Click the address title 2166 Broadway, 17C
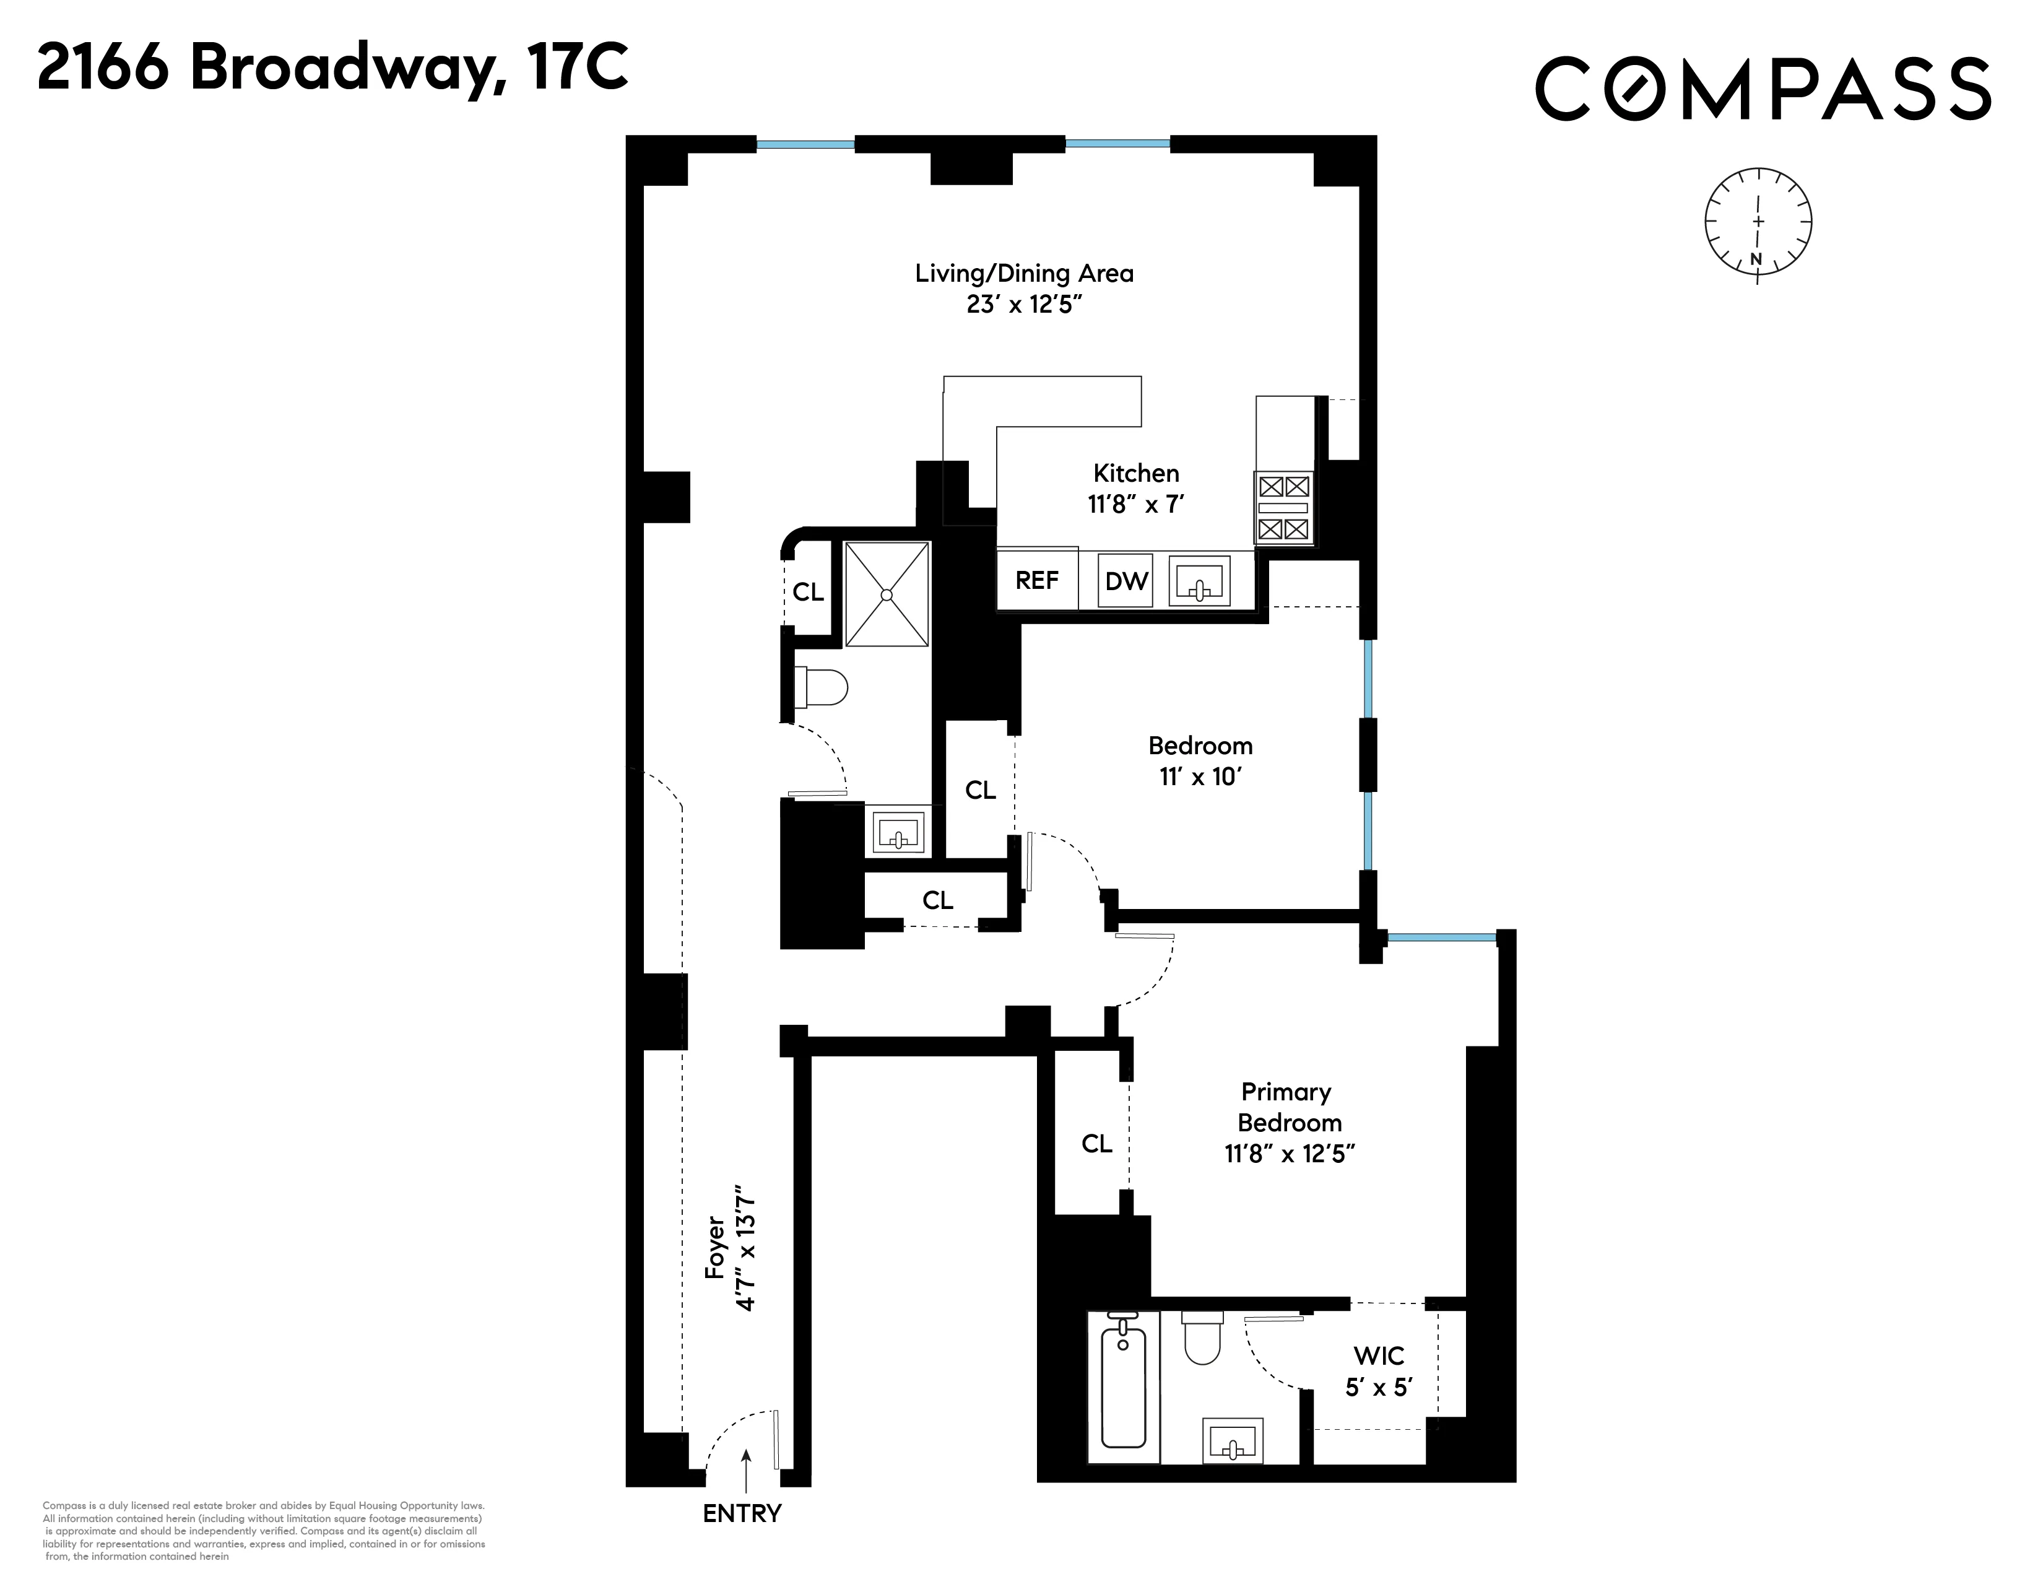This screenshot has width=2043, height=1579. click(x=332, y=69)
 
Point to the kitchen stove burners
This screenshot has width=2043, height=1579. click(x=1283, y=508)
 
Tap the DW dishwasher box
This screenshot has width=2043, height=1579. click(x=1126, y=581)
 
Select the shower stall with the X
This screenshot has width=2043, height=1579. click(x=887, y=594)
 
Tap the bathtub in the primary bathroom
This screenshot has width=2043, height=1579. click(x=1122, y=1389)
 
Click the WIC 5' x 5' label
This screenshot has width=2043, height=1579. click(x=1378, y=1372)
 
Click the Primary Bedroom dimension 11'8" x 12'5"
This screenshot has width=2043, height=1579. click(x=1290, y=1154)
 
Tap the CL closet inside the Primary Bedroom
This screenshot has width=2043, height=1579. click(x=1096, y=1143)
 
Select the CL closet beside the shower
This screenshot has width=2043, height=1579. click(x=808, y=592)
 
